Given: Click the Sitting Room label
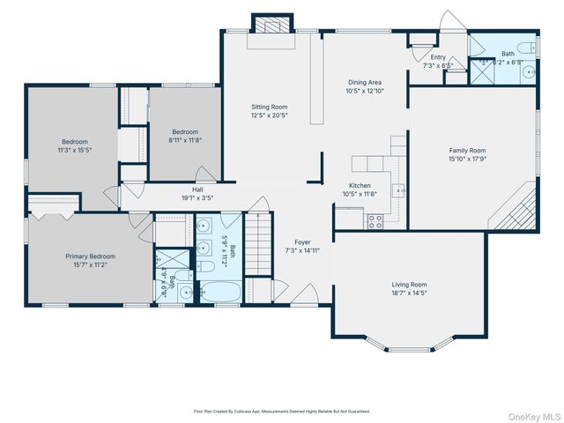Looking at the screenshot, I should click(x=270, y=107).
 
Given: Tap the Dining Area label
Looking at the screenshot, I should click(x=363, y=82).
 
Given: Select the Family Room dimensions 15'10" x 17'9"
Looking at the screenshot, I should click(x=468, y=160).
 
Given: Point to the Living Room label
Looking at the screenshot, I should click(x=410, y=285).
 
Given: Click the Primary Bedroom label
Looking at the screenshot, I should click(x=90, y=256).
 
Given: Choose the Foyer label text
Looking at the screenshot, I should click(x=302, y=241).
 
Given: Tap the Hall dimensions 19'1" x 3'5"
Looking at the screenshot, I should click(x=200, y=197).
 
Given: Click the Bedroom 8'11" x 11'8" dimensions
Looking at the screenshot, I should click(x=185, y=139).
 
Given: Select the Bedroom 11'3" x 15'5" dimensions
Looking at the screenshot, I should click(x=74, y=151).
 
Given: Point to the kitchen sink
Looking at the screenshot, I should click(x=399, y=189).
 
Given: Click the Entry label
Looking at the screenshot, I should click(x=437, y=56).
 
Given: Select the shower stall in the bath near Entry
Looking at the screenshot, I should click(x=483, y=70).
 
